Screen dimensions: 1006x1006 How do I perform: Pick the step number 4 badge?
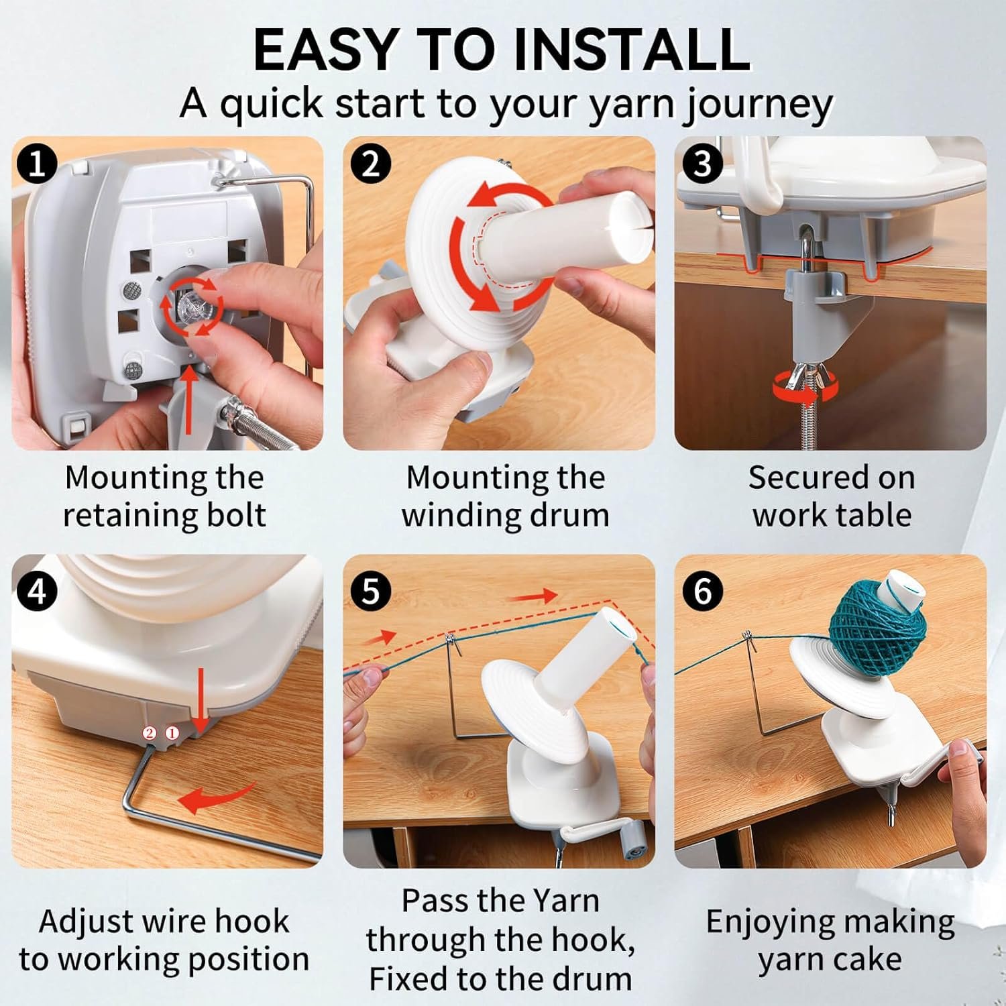[38, 591]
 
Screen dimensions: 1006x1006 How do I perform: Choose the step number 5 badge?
[370, 591]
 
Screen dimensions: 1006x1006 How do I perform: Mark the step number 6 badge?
[702, 591]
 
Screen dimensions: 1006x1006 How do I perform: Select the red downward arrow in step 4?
[200, 701]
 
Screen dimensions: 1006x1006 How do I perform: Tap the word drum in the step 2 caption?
[578, 516]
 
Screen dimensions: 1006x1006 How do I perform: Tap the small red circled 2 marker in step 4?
[150, 733]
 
